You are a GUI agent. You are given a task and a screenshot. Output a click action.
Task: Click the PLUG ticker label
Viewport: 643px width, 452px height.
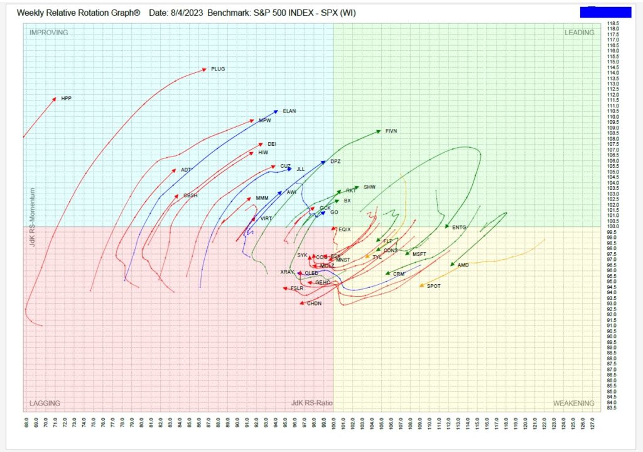[x=218, y=69]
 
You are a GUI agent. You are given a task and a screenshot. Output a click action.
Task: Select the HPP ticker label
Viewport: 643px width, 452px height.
[x=66, y=99]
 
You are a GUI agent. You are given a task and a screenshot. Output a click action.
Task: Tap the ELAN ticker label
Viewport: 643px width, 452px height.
[x=289, y=111]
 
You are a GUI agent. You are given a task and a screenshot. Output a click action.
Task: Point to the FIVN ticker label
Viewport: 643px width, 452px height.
[x=391, y=131]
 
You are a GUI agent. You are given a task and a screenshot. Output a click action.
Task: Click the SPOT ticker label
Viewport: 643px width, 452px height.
[x=433, y=286]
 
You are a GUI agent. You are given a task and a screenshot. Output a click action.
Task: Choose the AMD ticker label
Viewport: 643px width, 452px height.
[x=463, y=265]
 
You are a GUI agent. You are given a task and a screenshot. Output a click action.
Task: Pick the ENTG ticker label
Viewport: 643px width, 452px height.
[x=459, y=227]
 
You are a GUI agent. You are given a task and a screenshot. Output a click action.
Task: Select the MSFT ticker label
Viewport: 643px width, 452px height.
[x=419, y=254]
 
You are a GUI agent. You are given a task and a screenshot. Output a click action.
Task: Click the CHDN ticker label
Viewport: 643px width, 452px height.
[x=314, y=304]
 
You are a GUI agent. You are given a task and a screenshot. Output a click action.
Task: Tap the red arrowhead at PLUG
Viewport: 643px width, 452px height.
[x=203, y=69]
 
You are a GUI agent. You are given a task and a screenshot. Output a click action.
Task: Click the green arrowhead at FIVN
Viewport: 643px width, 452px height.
[x=379, y=131]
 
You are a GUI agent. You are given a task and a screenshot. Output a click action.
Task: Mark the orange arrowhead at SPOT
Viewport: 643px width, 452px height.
[x=421, y=286]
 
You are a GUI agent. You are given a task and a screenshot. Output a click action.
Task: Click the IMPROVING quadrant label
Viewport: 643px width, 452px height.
[x=48, y=33]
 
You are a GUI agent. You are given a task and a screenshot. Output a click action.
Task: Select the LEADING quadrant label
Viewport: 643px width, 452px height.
[x=578, y=33]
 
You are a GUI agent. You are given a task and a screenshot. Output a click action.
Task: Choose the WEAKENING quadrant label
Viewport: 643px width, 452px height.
[x=573, y=403]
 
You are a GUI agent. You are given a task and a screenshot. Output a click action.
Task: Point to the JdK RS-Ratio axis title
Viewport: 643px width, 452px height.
[x=312, y=403]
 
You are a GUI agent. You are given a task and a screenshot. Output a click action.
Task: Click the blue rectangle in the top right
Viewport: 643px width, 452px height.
[x=605, y=12]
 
